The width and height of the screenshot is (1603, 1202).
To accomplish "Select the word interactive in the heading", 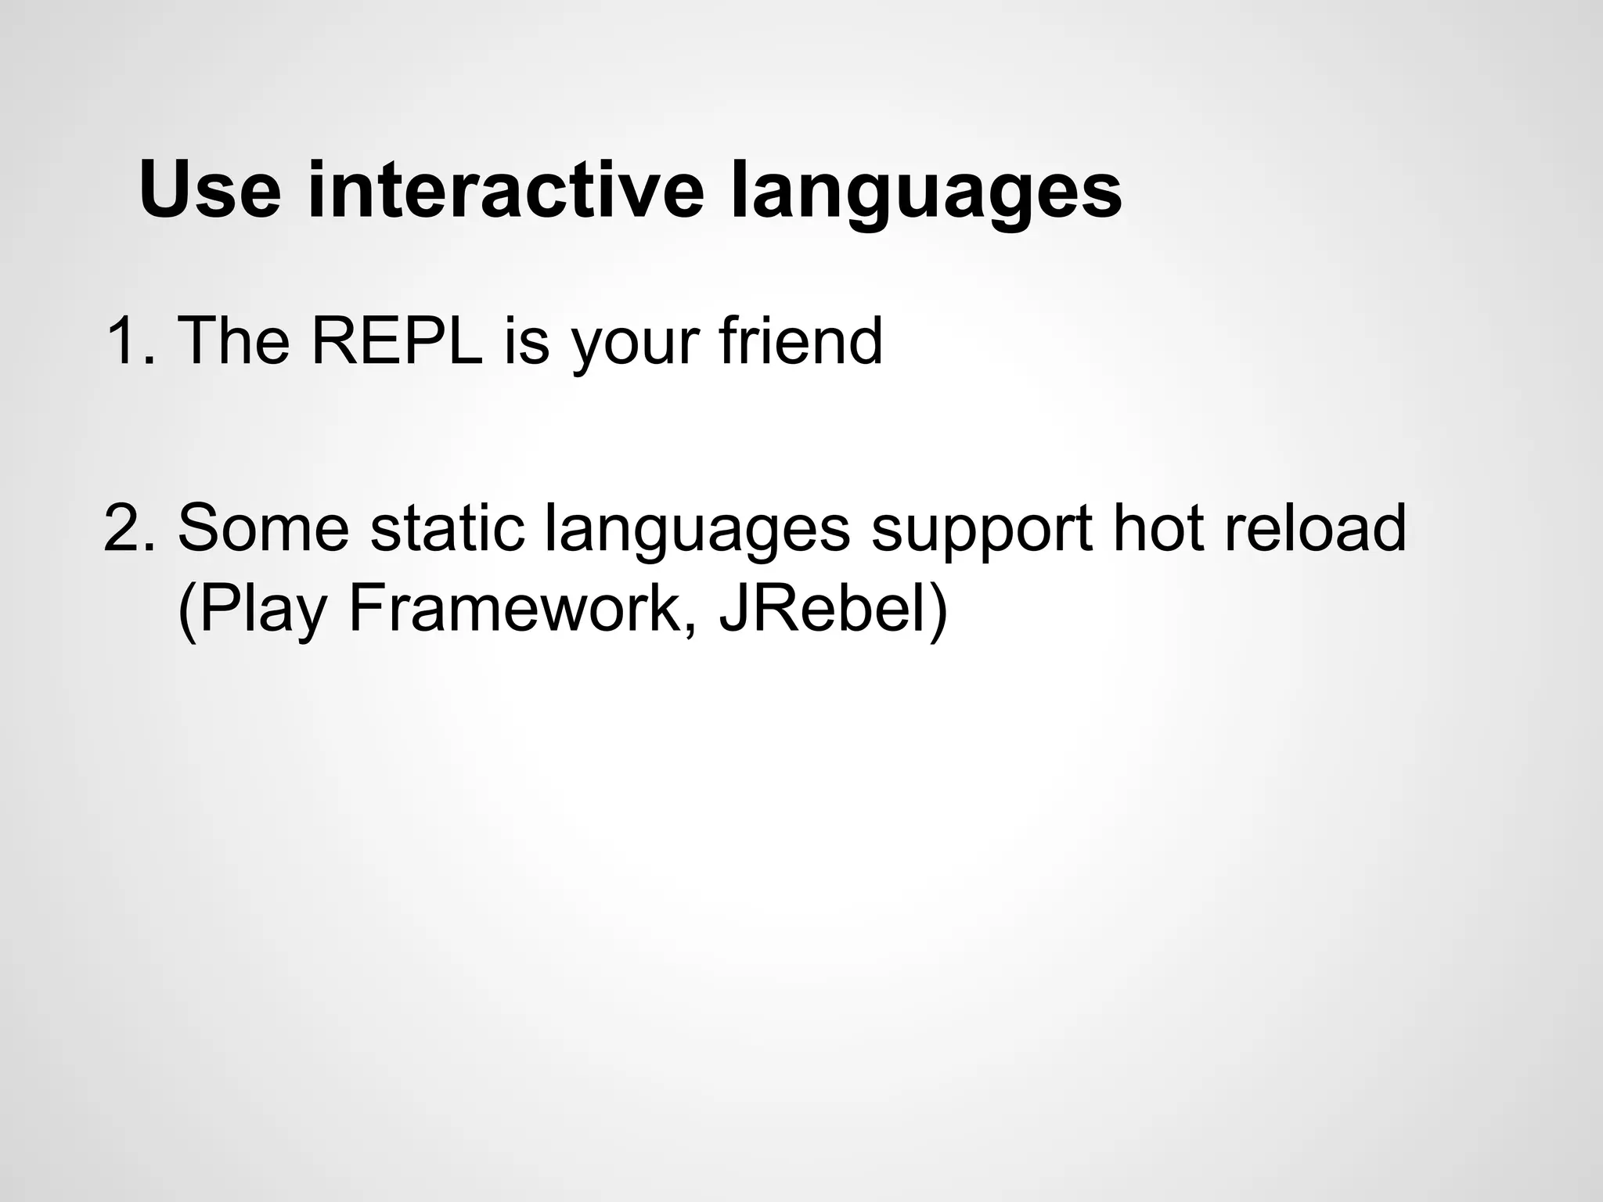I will (x=506, y=190).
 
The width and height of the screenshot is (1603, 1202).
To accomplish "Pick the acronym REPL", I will (x=398, y=341).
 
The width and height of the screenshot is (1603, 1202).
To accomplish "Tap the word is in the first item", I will (x=527, y=341).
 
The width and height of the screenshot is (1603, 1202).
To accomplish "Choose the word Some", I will (x=264, y=528).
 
